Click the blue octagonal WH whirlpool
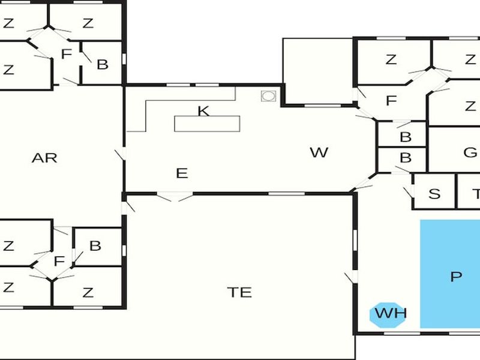click(x=388, y=315)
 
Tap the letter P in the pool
click(x=456, y=277)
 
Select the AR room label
click(x=44, y=158)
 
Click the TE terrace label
click(x=239, y=292)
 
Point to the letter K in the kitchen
click(x=203, y=111)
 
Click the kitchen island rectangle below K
click(x=207, y=124)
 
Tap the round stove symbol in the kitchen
click(x=268, y=96)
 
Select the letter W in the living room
click(x=319, y=152)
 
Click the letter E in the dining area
click(x=182, y=173)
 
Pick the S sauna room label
click(x=434, y=194)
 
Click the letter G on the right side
click(x=470, y=152)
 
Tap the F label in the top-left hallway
click(x=67, y=54)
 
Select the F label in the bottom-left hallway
click(x=59, y=262)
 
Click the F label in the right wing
click(x=391, y=100)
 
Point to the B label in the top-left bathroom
click(x=103, y=65)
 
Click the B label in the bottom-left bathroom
click(x=95, y=246)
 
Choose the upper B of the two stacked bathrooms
click(x=406, y=137)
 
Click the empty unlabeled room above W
click(x=318, y=71)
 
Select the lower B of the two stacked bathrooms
click(x=406, y=158)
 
